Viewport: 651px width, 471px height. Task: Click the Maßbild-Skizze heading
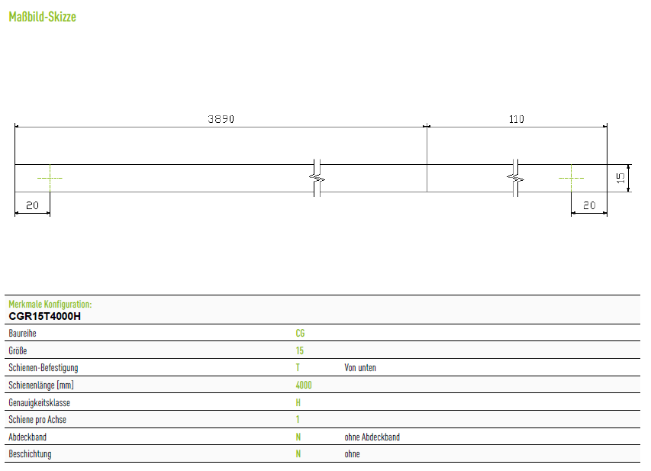pos(42,17)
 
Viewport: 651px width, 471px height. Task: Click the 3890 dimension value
pos(221,119)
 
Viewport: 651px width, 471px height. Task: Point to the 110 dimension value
pos(517,119)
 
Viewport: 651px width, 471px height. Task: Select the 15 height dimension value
pos(620,178)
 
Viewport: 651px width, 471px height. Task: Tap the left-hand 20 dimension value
pos(32,205)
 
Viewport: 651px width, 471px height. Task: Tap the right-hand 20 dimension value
pos(589,205)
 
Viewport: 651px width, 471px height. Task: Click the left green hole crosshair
pos(50,178)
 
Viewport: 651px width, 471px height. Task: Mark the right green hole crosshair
pos(572,178)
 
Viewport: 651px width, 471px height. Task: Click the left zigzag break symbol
pos(317,178)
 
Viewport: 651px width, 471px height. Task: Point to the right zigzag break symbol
pos(515,178)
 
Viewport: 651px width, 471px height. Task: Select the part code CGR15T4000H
pos(45,316)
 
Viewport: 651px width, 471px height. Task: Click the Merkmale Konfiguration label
pos(50,304)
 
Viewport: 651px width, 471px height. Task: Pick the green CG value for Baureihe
pos(300,333)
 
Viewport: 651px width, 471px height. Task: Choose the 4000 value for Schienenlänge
pos(304,385)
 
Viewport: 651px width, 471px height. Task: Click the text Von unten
pos(360,368)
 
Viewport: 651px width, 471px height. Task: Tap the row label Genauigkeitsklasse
pos(40,402)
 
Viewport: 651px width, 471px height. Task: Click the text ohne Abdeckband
pos(372,437)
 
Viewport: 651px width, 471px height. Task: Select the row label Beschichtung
pos(30,454)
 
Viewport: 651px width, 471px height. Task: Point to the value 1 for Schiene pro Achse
pos(298,420)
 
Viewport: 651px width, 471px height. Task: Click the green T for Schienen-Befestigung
pos(298,368)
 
